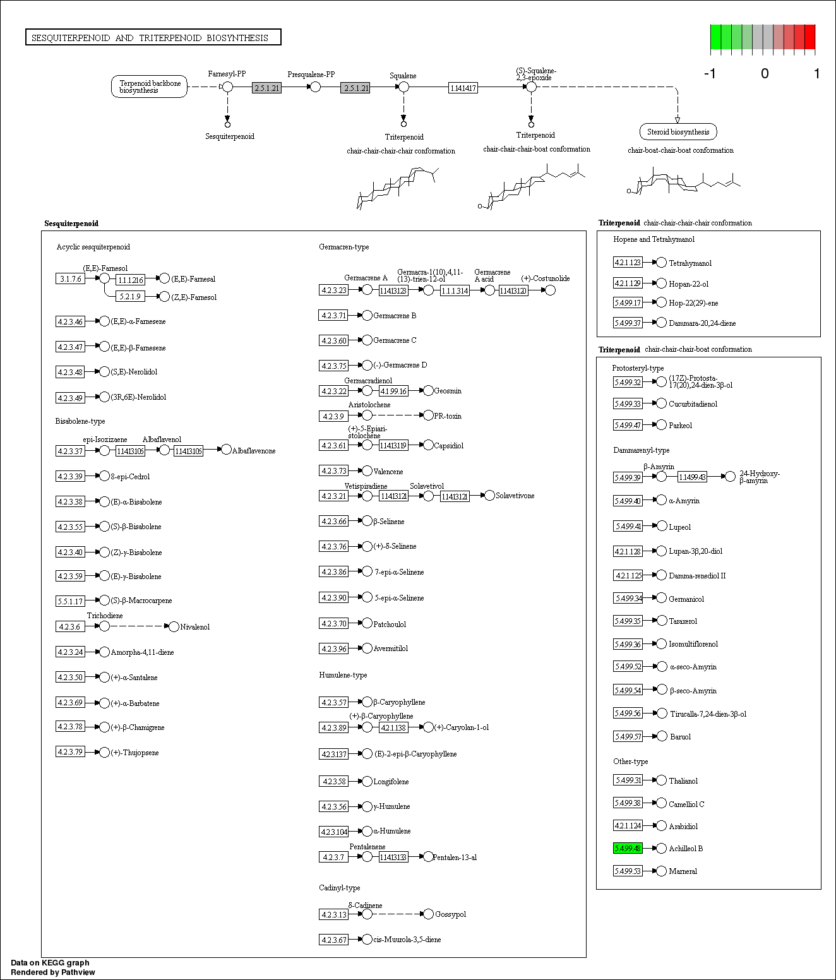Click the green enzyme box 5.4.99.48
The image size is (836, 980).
pos(628,848)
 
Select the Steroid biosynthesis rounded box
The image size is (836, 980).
pos(678,132)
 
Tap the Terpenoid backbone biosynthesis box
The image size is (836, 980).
pos(150,87)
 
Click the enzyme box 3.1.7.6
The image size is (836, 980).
pos(70,278)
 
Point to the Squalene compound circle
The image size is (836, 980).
pos(403,87)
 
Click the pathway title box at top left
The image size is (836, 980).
pos(153,38)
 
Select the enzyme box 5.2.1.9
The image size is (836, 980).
pos(130,296)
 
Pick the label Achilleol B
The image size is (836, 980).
pos(686,849)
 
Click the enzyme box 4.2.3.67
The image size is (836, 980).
pos(334,940)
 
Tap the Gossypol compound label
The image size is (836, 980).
pos(450,914)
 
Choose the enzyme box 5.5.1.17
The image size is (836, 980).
pos(70,601)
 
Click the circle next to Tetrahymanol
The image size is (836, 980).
pos(661,262)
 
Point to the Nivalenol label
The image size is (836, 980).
pos(194,627)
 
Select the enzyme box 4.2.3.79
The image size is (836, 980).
pos(70,752)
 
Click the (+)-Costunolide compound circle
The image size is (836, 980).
pos(550,290)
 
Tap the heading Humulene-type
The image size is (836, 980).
pos(343,675)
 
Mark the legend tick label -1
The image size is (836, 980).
pos(710,74)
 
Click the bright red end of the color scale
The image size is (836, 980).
pos(809,37)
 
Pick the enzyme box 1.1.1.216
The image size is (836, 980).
pos(130,280)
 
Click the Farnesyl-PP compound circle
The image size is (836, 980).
pos(227,87)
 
